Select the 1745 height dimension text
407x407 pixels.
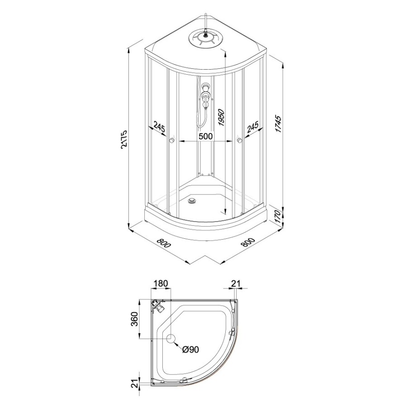point(278,124)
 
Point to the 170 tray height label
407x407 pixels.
point(278,217)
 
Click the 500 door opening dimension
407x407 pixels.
point(205,136)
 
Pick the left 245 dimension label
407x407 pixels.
point(159,128)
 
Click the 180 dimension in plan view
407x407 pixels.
point(161,284)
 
